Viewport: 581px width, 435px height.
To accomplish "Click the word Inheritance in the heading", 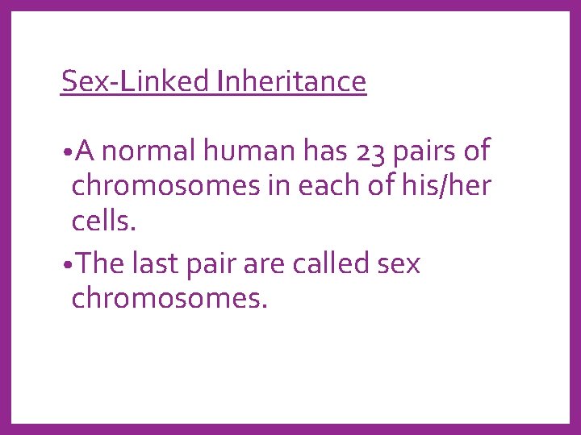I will coord(290,81).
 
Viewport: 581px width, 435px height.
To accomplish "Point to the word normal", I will coord(153,151).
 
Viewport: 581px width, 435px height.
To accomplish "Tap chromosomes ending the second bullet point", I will coord(169,300).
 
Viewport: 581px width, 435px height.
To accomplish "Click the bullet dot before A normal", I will coord(65,153).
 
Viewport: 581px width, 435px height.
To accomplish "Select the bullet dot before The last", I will coord(65,266).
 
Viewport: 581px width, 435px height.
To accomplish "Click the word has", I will coord(324,151).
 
